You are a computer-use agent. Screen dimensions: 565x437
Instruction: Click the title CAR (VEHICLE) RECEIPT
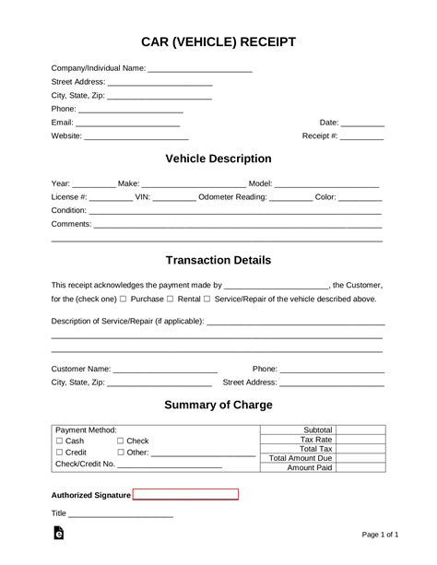(x=218, y=41)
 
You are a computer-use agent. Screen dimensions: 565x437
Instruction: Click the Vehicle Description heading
(x=218, y=159)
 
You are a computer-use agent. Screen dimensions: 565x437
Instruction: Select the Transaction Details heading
(x=218, y=260)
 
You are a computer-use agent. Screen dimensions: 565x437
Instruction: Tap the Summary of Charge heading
(x=218, y=405)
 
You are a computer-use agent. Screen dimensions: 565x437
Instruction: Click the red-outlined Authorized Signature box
(x=185, y=495)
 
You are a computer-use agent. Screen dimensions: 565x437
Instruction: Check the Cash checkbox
(x=60, y=441)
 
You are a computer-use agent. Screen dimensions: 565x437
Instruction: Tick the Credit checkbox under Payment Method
(x=60, y=453)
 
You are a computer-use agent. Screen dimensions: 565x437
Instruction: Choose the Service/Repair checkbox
(x=207, y=300)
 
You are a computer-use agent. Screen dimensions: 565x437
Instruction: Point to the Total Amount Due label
(x=300, y=458)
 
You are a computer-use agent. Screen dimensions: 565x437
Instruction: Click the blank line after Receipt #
(x=362, y=137)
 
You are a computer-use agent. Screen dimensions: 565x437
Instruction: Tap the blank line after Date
(x=362, y=124)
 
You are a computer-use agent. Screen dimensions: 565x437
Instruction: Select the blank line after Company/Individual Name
(x=200, y=69)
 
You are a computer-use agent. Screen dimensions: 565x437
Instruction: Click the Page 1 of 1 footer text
(x=379, y=535)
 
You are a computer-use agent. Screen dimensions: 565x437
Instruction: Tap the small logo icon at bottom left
(x=58, y=534)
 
